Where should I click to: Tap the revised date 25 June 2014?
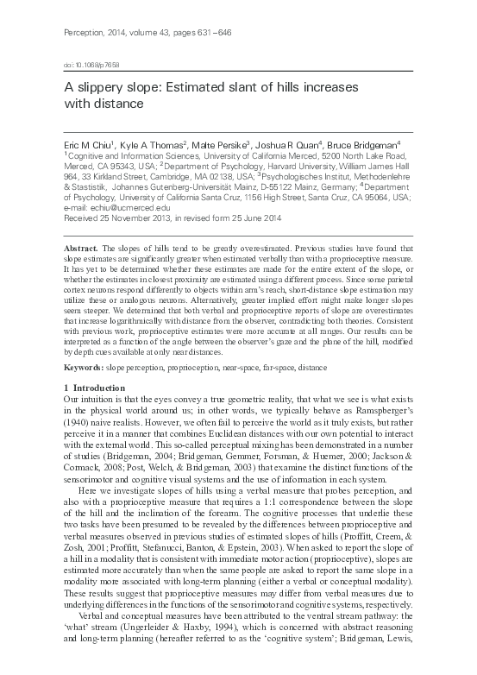coord(252,218)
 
